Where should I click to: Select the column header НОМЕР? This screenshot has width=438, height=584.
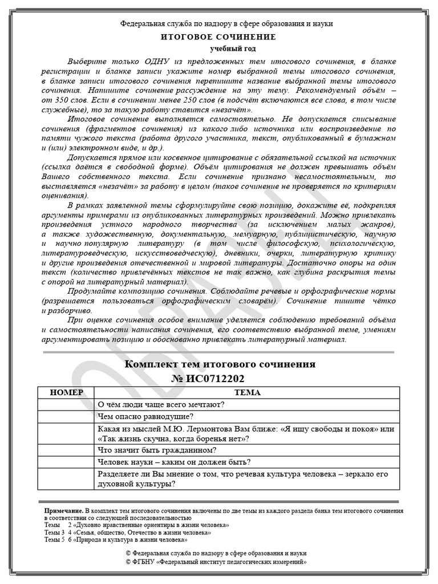click(67, 392)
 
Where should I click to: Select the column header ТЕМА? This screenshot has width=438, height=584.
click(247, 392)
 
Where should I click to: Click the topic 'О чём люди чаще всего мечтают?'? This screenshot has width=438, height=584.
click(161, 404)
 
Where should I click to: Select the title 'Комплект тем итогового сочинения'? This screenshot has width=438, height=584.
click(220, 364)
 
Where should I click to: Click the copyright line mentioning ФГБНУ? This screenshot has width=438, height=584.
click(218, 561)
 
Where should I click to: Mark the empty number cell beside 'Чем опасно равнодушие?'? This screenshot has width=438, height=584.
click(67, 417)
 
